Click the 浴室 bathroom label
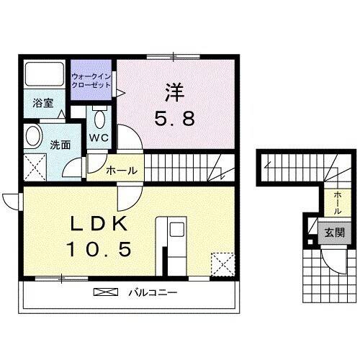coord(42,103)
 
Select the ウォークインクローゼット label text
coord(91,81)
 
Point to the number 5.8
coord(174,119)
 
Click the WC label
coord(99,137)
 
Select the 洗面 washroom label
coord(60,144)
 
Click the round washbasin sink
coord(33,136)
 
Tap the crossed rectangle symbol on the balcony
coord(105,292)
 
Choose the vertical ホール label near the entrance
coord(337,202)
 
